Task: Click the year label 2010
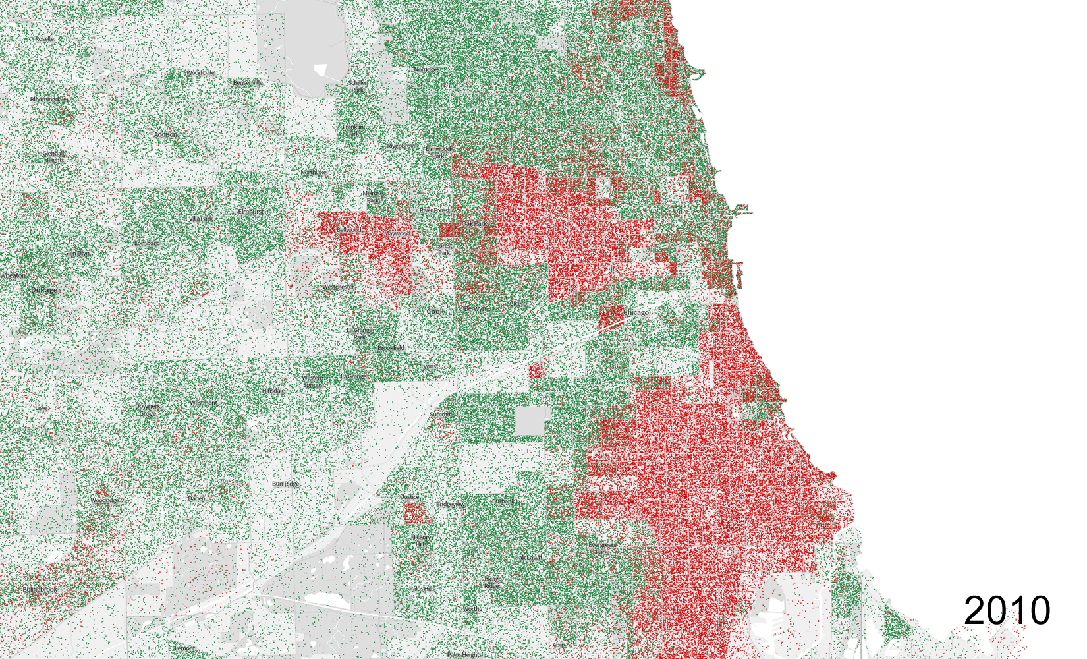pyautogui.click(x=1007, y=611)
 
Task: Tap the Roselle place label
pyautogui.click(x=45, y=39)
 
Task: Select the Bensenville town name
pyautogui.click(x=248, y=83)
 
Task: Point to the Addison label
pyautogui.click(x=165, y=134)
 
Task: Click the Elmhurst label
pyautogui.click(x=251, y=212)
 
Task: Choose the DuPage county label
pyautogui.click(x=44, y=290)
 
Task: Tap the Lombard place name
pyautogui.click(x=147, y=243)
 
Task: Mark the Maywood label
pyautogui.click(x=398, y=233)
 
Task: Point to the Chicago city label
pyautogui.click(x=636, y=312)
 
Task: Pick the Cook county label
pyautogui.click(x=435, y=311)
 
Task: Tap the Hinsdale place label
pyautogui.click(x=273, y=391)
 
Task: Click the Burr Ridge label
pyautogui.click(x=285, y=484)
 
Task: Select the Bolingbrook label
pyautogui.click(x=40, y=590)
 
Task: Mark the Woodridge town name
pyautogui.click(x=104, y=501)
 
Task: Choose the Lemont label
pyautogui.click(x=184, y=648)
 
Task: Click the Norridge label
pyautogui.click(x=426, y=70)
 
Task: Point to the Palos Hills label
pyautogui.click(x=422, y=589)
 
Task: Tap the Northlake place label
pyautogui.click(x=313, y=173)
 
